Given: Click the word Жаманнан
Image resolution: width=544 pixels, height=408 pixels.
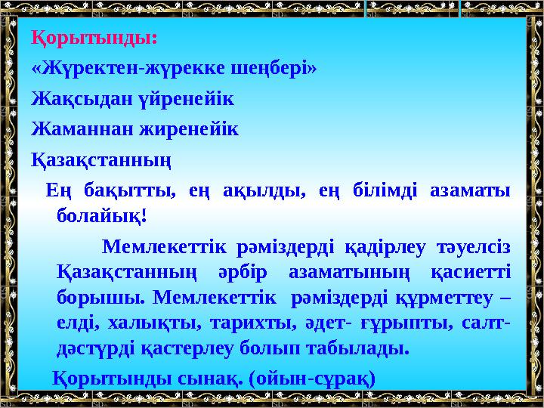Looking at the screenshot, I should click(x=72, y=129).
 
